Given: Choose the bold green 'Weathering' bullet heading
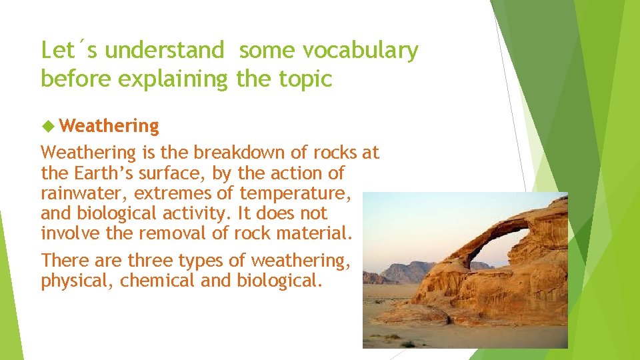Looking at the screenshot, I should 109,125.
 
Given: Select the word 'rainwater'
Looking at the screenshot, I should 84,193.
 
